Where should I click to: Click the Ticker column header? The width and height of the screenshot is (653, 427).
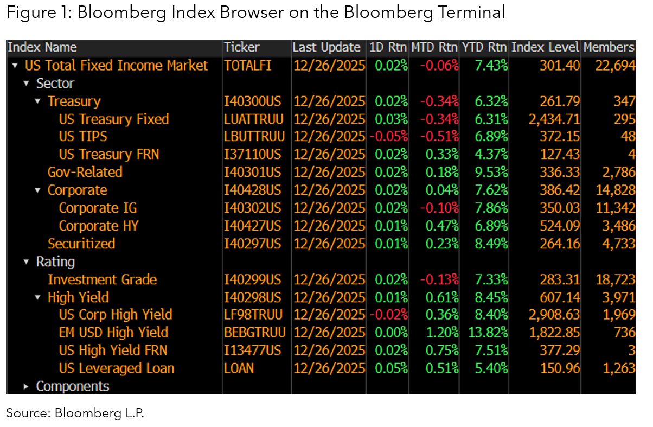242,47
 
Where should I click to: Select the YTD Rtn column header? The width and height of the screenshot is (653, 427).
485,47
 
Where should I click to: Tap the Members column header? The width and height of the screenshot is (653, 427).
609,47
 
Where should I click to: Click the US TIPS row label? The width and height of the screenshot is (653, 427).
83,137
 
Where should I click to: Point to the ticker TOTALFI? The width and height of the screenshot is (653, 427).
248,66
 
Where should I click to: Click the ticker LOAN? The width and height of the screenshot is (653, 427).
239,368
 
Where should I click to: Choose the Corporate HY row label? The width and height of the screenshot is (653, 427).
98,226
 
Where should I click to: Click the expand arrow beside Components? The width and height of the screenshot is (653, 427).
25,387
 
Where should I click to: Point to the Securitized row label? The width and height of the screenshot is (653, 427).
81,244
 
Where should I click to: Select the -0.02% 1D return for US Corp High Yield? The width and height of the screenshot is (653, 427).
388,315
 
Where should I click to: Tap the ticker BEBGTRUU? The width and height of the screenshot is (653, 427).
254,333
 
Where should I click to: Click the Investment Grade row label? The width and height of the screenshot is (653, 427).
102,279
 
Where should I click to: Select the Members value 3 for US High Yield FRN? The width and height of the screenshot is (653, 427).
631,350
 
